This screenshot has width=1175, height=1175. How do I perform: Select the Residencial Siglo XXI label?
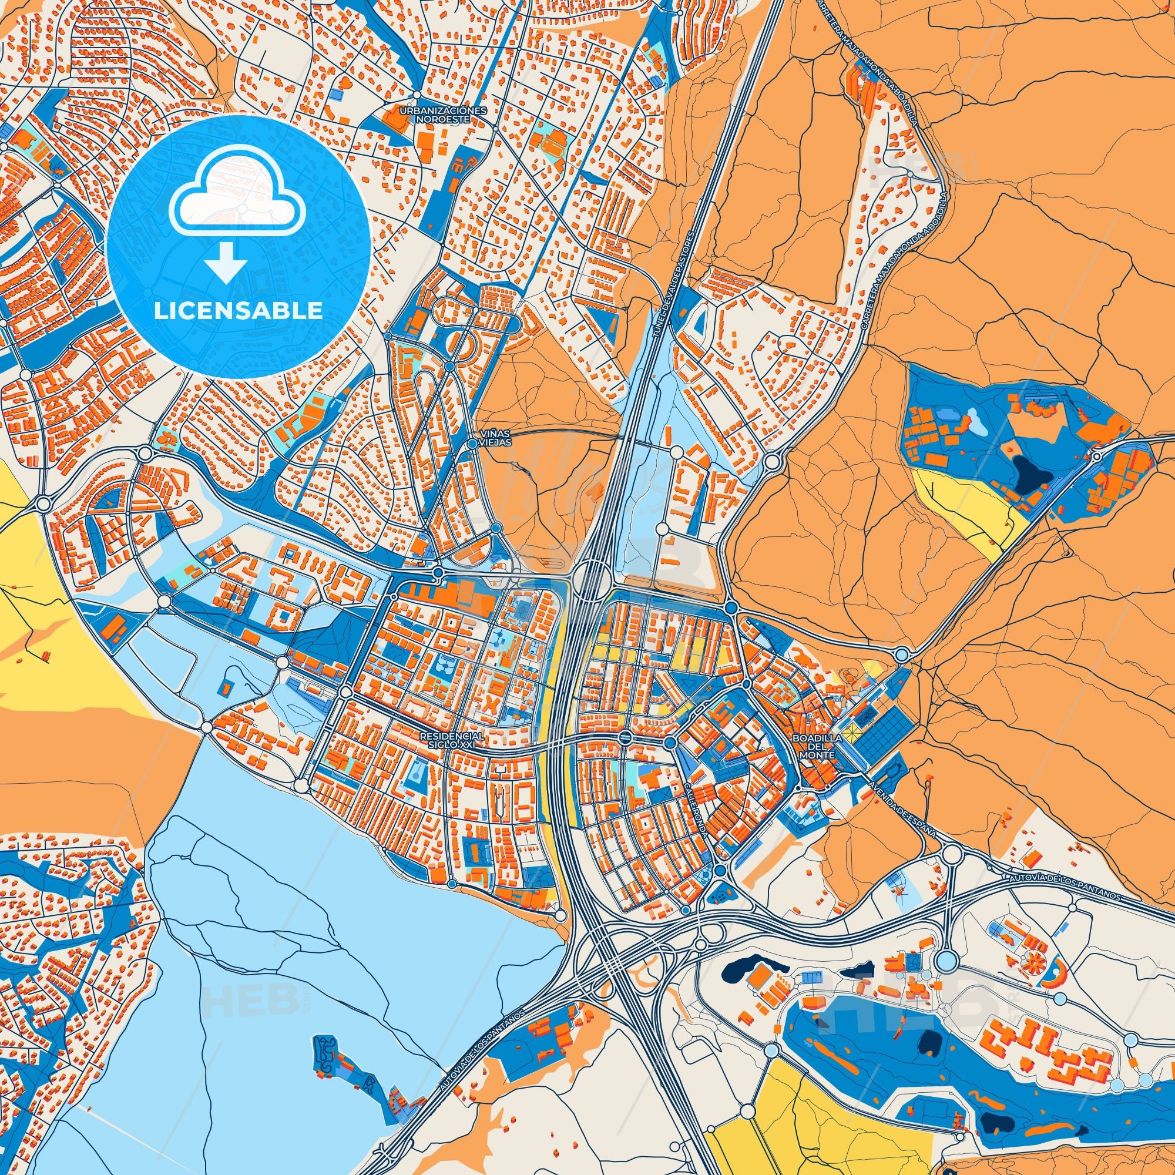(x=452, y=740)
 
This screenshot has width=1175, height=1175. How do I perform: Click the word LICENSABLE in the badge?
(x=238, y=311)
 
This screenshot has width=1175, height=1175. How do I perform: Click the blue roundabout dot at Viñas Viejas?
(x=472, y=445)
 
